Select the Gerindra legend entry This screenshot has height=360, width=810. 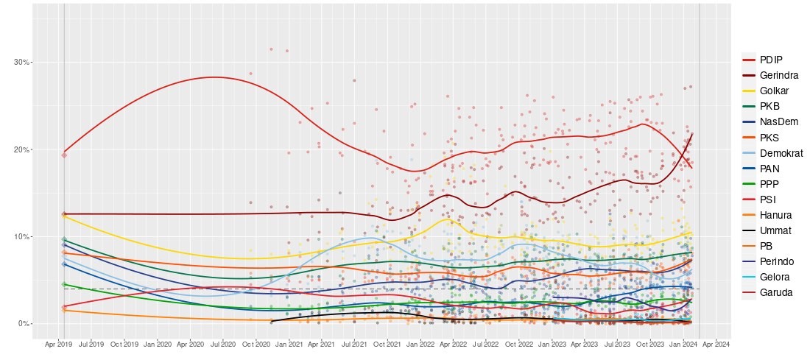(778, 75)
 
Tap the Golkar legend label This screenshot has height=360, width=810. (775, 91)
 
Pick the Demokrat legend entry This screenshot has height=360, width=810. (781, 153)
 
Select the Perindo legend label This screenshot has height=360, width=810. (778, 261)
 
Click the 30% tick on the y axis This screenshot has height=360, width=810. (22, 63)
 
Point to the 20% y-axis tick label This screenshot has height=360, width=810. (22, 149)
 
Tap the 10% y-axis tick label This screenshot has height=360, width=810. (22, 236)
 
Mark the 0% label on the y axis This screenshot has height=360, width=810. (24, 324)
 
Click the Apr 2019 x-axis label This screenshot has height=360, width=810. (59, 344)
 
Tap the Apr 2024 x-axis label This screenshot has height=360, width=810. (716, 344)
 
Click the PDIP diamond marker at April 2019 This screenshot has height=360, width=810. (64, 155)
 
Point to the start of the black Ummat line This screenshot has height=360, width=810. (272, 322)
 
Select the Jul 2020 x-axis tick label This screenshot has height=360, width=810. (222, 344)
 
